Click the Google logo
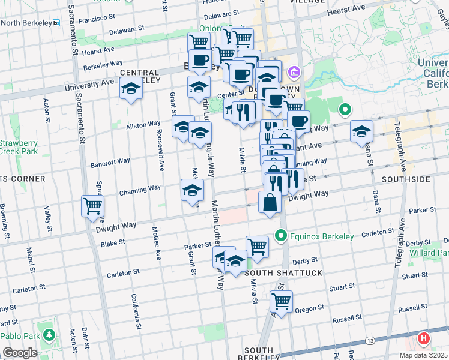coord(20,353)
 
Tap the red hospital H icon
coord(424,339)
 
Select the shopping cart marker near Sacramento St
coord(93,206)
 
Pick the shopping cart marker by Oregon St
coord(281,301)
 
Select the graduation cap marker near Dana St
coord(361,131)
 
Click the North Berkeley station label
coord(27,23)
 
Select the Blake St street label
coord(112,243)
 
